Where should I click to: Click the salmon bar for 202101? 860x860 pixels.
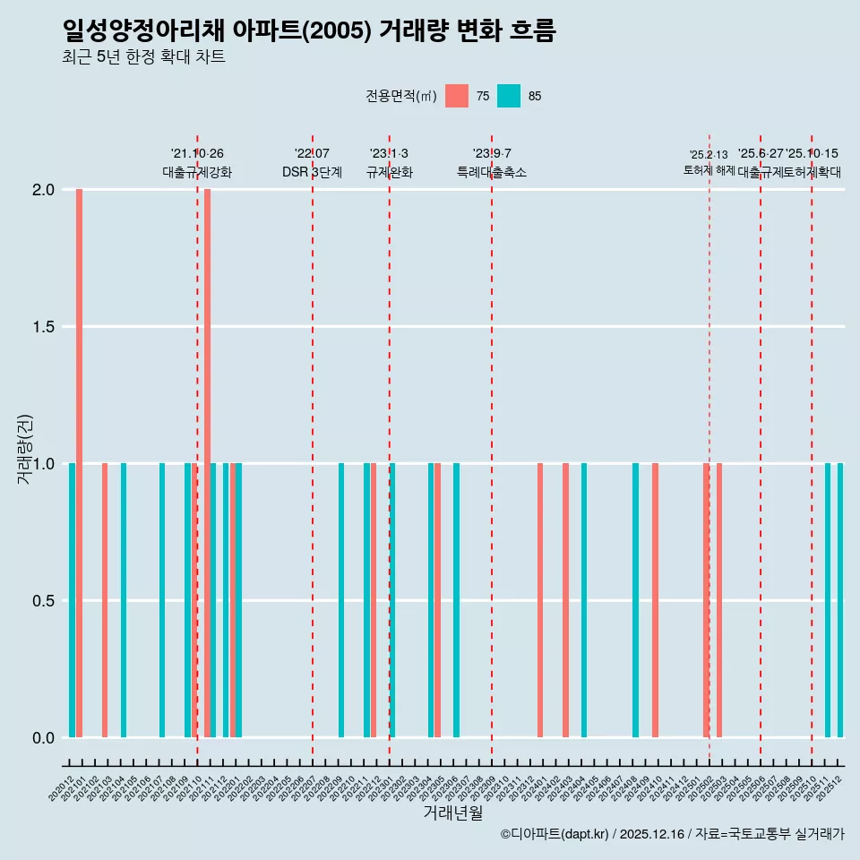click(79, 463)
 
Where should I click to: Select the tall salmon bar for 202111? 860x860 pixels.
click(207, 463)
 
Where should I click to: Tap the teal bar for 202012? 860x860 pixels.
click(72, 600)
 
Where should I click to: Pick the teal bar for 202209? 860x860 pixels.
click(341, 600)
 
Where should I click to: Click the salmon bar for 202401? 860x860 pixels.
click(540, 600)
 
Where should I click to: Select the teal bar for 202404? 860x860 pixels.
click(584, 600)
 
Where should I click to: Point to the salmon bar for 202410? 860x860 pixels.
click(655, 600)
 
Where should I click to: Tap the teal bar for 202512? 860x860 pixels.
click(840, 600)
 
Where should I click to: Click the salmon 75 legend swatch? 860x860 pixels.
click(457, 96)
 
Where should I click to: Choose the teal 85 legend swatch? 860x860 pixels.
click(509, 96)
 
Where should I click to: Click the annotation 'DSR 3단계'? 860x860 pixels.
click(312, 173)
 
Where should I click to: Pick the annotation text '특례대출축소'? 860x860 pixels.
click(492, 173)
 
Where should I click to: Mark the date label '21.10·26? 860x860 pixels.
click(197, 154)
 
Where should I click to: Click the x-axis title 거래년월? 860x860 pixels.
click(452, 813)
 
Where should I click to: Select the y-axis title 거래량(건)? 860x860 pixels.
click(25, 451)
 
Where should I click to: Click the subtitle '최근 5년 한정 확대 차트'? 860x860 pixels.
click(143, 57)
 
